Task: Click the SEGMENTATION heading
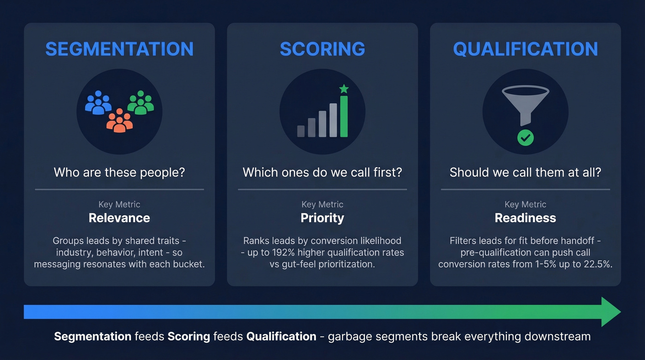click(119, 49)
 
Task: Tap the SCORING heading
click(322, 49)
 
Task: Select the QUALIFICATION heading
click(525, 49)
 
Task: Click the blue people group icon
click(98, 102)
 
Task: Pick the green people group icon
click(141, 102)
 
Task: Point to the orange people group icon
click(119, 120)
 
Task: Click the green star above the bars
click(344, 89)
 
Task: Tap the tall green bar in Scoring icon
click(344, 116)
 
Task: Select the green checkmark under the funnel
click(525, 137)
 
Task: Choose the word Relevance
click(119, 218)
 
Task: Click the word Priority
click(322, 218)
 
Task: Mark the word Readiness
click(525, 218)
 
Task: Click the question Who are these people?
click(119, 172)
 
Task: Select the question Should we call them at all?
click(525, 172)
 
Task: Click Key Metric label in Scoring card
click(322, 204)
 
